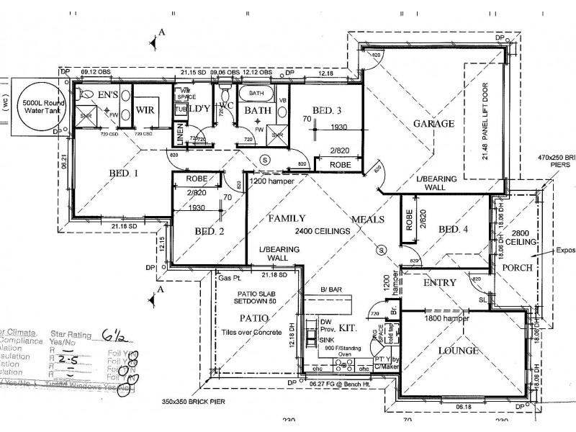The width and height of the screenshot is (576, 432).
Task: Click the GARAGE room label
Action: tap(433, 123)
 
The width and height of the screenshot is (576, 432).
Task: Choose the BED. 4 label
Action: tap(453, 229)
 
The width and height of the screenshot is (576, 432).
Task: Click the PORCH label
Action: tap(518, 267)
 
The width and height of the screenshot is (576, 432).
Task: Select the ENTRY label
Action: tap(439, 283)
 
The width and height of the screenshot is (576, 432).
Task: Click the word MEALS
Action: tap(368, 219)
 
